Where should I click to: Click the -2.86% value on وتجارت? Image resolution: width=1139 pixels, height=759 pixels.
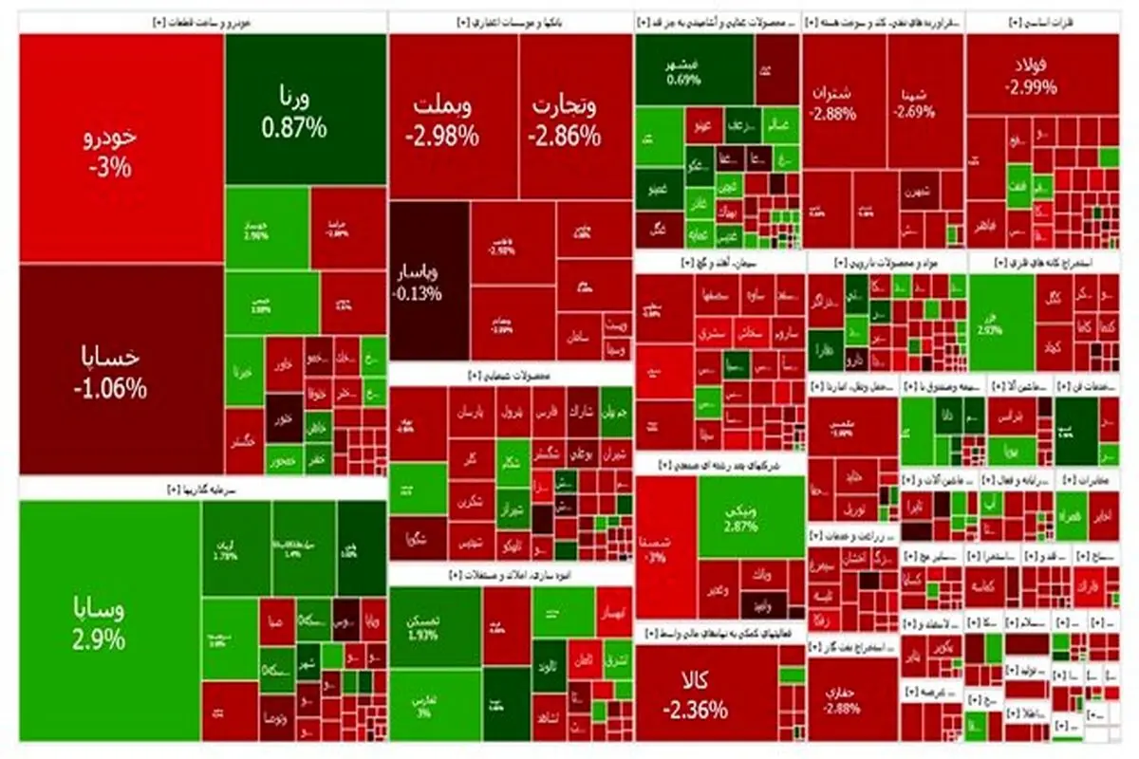pyautogui.click(x=565, y=136)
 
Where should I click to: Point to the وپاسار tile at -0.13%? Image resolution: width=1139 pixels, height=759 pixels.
pyautogui.click(x=427, y=281)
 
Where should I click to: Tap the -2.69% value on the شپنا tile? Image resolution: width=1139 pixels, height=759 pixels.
pyautogui.click(x=914, y=112)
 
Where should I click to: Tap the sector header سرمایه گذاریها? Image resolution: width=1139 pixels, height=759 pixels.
pyautogui.click(x=200, y=490)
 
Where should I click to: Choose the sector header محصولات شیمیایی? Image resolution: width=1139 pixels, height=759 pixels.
pyautogui.click(x=510, y=376)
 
